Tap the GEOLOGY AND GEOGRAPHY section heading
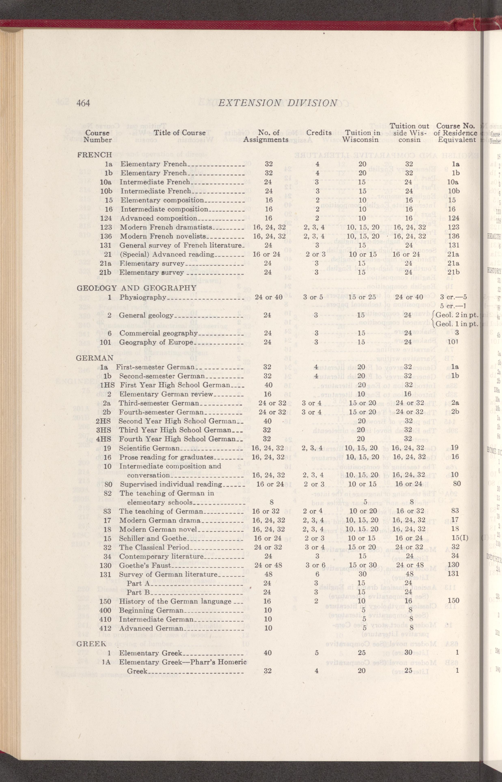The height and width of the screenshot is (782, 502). [136, 288]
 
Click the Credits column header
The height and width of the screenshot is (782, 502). [318, 133]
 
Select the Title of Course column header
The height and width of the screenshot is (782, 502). [180, 133]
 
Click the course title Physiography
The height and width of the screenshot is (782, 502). [143, 297]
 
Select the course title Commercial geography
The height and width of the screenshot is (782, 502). [158, 333]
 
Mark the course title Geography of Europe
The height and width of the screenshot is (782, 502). [156, 342]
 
